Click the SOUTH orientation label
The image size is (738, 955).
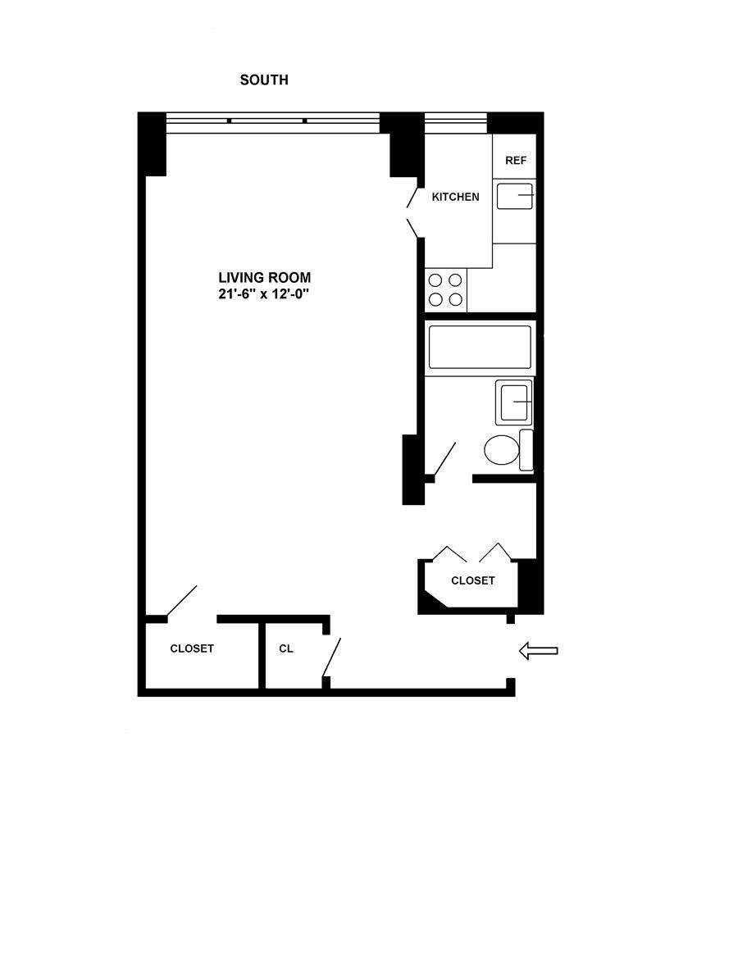263,80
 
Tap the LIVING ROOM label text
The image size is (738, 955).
264,278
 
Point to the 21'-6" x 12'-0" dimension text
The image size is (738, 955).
264,293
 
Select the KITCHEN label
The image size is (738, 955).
455,197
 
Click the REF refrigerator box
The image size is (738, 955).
515,161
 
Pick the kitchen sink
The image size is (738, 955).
515,197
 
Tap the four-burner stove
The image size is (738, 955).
446,290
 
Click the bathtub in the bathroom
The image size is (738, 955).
480,348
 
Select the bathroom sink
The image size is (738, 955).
514,402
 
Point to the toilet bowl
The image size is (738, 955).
501,449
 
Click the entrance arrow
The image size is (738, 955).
539,651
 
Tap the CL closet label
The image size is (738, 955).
285,648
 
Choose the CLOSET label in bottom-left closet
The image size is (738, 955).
192,648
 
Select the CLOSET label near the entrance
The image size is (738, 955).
473,580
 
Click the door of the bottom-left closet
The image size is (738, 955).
181,600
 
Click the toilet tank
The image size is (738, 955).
526,450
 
